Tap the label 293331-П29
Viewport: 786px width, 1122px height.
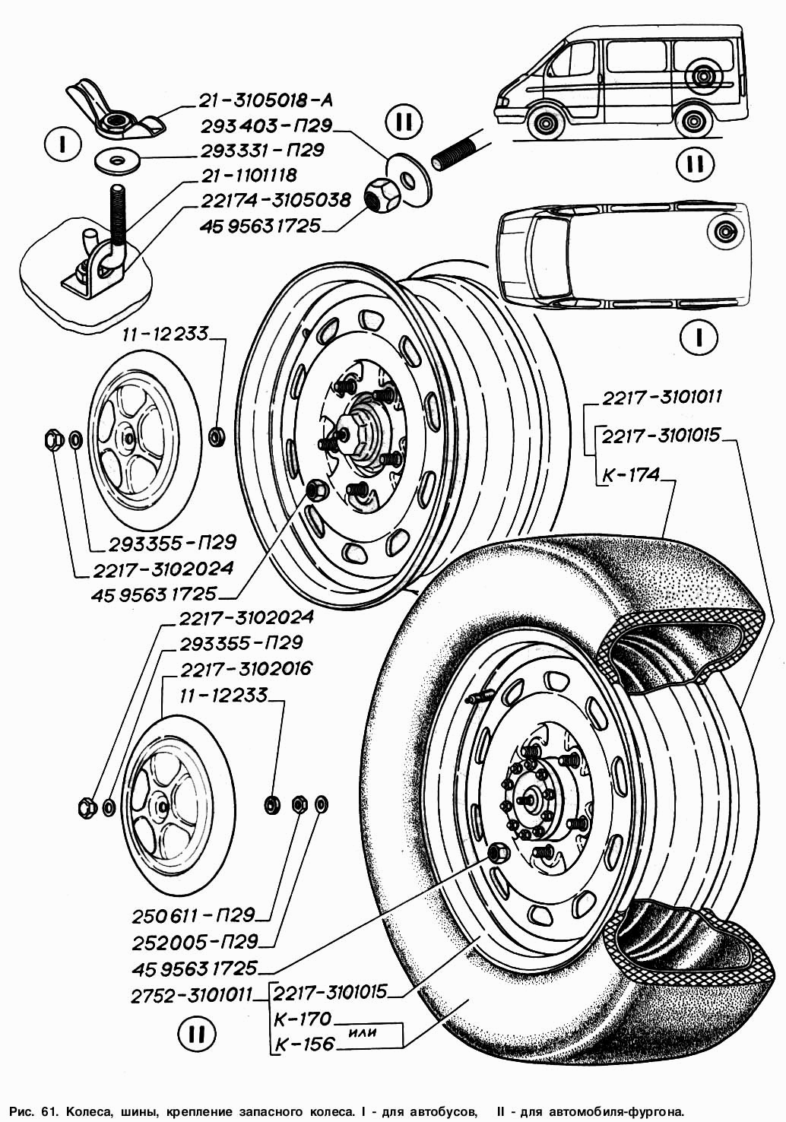[261, 150]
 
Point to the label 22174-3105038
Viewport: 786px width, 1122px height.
[275, 200]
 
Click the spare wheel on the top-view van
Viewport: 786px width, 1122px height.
[722, 230]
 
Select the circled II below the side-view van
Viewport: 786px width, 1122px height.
[694, 164]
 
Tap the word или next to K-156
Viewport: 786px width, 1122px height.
[365, 1032]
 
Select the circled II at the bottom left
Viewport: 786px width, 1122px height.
[196, 1033]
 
